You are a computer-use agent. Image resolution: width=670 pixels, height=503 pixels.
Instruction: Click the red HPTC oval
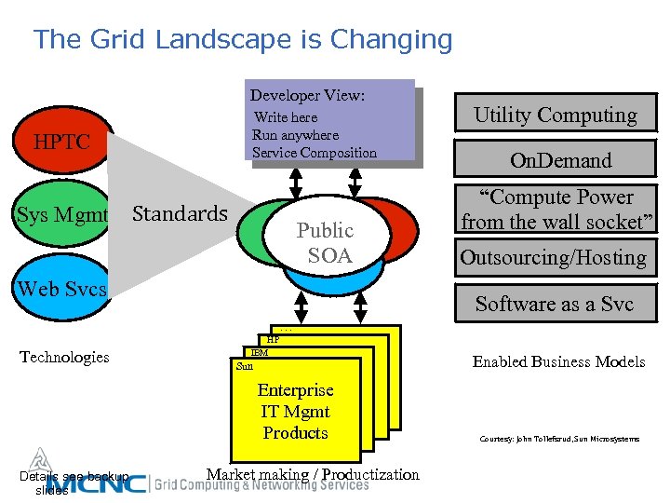[61, 143]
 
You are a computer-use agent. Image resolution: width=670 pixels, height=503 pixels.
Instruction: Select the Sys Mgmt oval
[61, 216]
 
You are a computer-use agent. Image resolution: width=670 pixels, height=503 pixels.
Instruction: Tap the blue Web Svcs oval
[61, 288]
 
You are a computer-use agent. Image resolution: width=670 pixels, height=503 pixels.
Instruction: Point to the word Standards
[180, 213]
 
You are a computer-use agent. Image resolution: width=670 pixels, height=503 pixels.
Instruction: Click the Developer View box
[330, 121]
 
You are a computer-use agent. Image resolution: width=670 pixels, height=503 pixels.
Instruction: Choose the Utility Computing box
[556, 116]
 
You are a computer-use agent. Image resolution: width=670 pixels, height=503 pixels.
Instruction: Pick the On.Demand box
[560, 160]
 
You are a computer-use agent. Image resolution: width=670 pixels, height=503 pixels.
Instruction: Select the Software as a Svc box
[555, 304]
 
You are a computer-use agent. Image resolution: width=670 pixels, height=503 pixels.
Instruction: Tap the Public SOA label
[325, 242]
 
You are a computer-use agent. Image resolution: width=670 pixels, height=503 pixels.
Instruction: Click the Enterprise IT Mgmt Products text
[295, 411]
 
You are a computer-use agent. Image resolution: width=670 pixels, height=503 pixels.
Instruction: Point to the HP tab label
[274, 340]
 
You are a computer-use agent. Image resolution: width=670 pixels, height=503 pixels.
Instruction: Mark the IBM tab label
[260, 353]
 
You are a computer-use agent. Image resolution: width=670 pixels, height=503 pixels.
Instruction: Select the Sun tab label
[245, 366]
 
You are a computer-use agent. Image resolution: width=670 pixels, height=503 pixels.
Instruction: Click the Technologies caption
[65, 357]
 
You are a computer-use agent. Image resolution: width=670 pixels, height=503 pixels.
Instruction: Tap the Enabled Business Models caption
[558, 361]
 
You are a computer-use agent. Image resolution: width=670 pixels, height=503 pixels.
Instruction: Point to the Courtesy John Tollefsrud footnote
[558, 439]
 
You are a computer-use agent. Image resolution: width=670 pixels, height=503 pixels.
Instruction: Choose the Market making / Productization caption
[313, 475]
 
